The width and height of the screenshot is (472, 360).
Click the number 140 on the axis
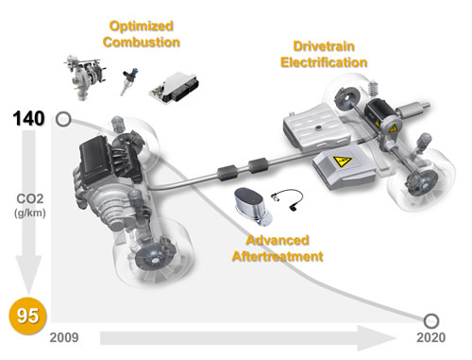coord(29,119)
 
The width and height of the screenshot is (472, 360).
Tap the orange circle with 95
coord(27,316)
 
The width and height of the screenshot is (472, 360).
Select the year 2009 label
coord(64,337)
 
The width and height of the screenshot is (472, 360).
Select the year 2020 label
coord(431,337)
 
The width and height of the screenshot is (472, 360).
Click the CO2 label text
coord(30,198)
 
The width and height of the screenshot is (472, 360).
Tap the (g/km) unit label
coord(30,214)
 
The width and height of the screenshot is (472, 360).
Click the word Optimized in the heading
coord(142,26)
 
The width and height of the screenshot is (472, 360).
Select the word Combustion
coord(142,43)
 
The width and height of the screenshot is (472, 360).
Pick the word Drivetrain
coord(324,46)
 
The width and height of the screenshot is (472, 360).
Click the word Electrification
coord(324,62)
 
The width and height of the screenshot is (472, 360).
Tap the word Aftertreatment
coord(278,256)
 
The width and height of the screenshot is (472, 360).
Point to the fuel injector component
coord(128,81)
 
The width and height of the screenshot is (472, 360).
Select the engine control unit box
coord(174,88)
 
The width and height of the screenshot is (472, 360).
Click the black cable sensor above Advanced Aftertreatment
coord(287,199)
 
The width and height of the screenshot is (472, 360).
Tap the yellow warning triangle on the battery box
coord(342,162)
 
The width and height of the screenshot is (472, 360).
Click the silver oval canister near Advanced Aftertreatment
coord(253,206)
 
